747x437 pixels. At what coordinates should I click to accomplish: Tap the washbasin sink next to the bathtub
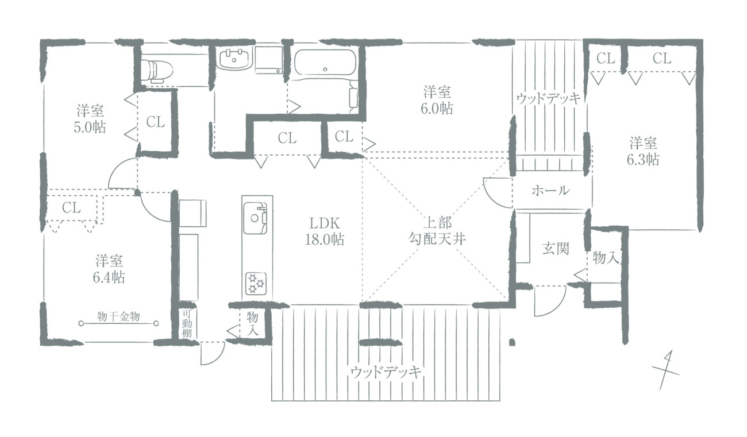click(235, 59)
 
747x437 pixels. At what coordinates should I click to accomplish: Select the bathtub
click(325, 63)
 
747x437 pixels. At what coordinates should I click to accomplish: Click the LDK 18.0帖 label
click(325, 231)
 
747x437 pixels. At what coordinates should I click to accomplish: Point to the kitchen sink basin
click(255, 218)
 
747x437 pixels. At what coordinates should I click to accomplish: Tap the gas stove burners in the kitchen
click(256, 284)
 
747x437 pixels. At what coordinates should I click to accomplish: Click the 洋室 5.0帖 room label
click(90, 119)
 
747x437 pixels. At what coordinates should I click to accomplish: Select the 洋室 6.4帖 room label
click(109, 269)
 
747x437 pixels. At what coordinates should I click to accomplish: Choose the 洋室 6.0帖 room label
click(437, 100)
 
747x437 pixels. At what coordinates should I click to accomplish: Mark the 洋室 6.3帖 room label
click(643, 152)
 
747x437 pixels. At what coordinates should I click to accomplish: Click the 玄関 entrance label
click(555, 249)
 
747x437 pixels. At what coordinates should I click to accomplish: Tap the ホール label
click(550, 191)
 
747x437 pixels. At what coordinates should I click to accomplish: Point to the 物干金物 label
click(118, 316)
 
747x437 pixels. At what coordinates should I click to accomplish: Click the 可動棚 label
click(187, 324)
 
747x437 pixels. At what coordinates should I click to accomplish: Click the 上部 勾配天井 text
click(437, 231)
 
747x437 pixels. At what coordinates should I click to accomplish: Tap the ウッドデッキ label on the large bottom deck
click(386, 372)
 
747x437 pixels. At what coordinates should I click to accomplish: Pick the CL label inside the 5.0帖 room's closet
click(155, 122)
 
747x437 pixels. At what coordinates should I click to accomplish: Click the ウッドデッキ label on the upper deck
click(549, 98)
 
